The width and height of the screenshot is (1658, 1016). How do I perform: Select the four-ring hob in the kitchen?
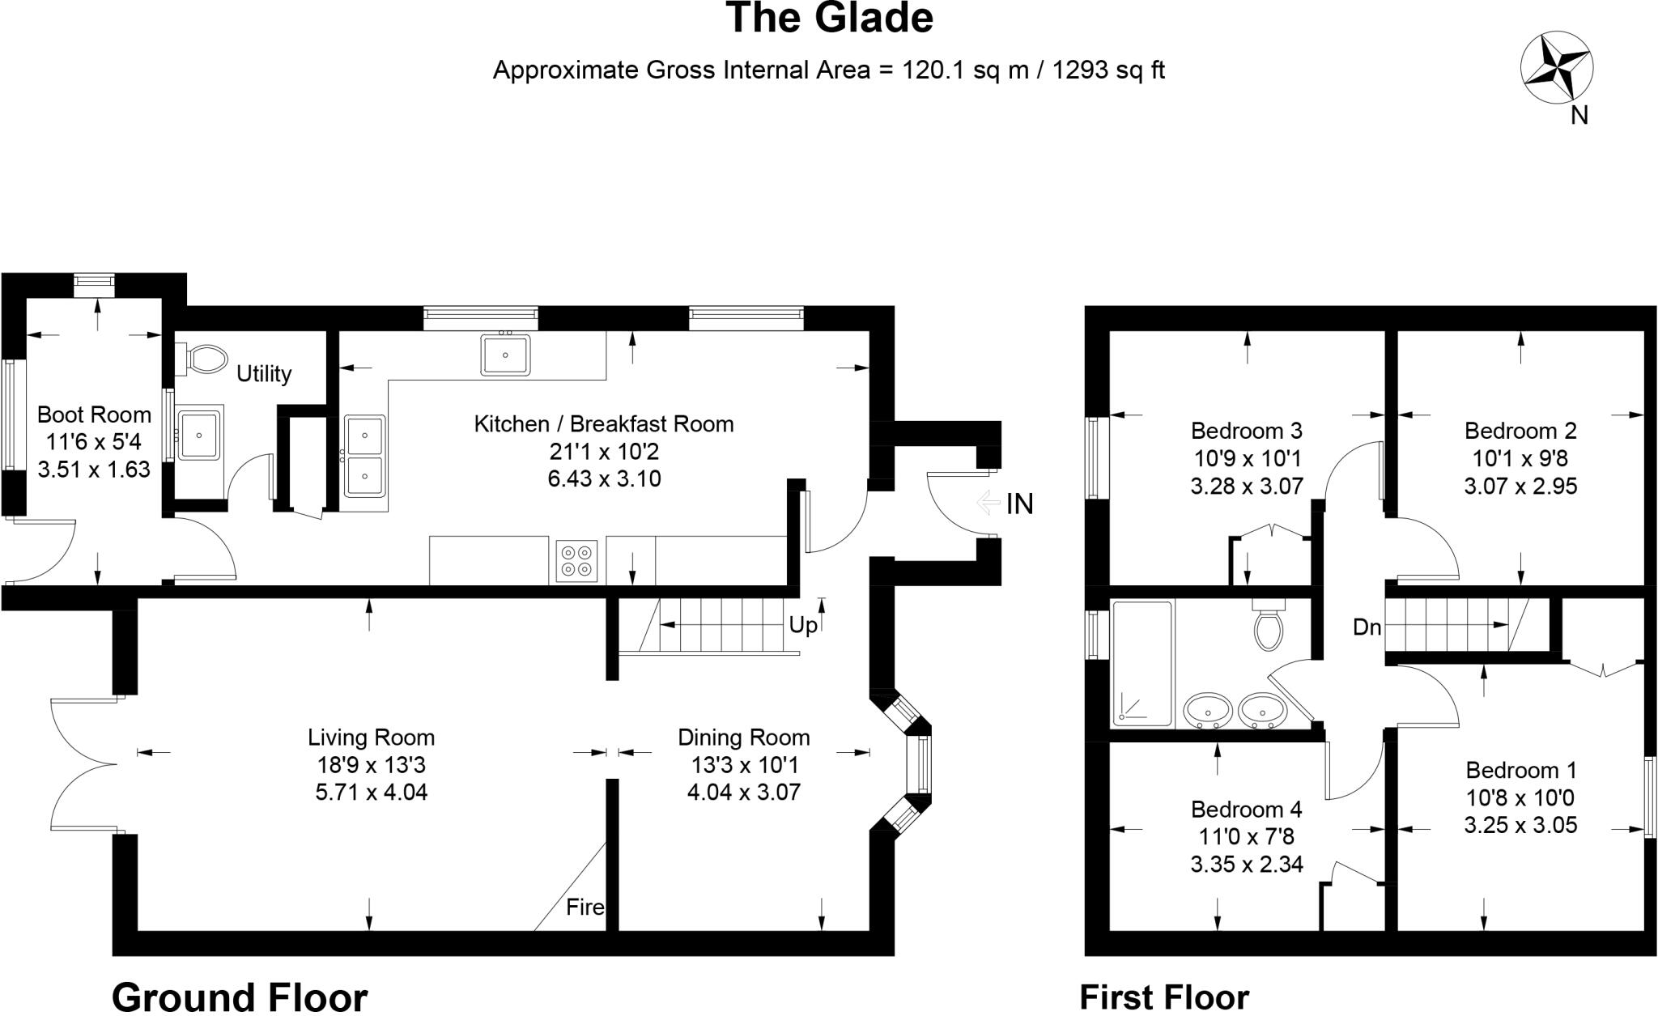(x=576, y=560)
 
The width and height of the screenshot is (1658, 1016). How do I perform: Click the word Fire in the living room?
(x=585, y=907)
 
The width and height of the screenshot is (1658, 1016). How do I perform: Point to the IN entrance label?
(x=1020, y=504)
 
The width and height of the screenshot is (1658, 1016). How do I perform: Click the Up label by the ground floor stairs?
(x=803, y=625)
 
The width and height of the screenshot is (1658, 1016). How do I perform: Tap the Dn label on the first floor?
(x=1367, y=627)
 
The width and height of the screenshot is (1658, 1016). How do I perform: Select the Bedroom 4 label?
(x=1246, y=809)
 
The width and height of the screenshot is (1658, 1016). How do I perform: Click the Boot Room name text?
(x=94, y=414)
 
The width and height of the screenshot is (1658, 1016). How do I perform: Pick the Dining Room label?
(x=743, y=738)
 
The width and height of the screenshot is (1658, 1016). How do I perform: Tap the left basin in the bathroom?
(x=1208, y=712)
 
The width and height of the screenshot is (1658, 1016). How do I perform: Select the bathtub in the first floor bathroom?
(x=1142, y=663)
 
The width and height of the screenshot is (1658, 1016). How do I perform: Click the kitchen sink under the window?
(x=505, y=355)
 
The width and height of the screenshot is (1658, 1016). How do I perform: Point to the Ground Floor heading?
(x=240, y=996)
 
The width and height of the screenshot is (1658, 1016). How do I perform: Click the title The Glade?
(x=829, y=18)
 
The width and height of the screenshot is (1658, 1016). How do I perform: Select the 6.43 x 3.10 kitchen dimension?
(x=604, y=478)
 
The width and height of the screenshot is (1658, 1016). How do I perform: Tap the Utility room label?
(x=264, y=373)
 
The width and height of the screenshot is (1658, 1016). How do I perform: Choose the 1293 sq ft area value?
(x=1108, y=70)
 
